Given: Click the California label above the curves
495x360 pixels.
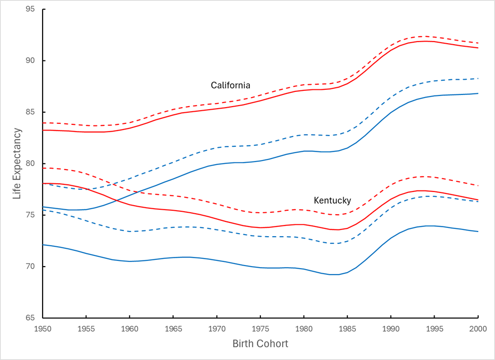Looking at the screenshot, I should [x=230, y=85].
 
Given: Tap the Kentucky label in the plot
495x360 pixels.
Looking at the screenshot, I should [x=333, y=200].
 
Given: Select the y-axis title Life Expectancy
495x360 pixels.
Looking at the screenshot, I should [x=17, y=163].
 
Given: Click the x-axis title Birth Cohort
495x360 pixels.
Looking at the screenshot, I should [x=260, y=344].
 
